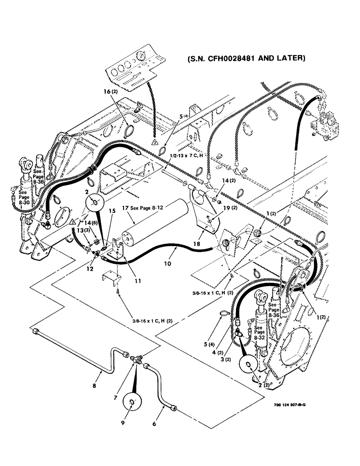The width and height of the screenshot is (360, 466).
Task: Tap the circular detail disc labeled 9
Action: (134, 401)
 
